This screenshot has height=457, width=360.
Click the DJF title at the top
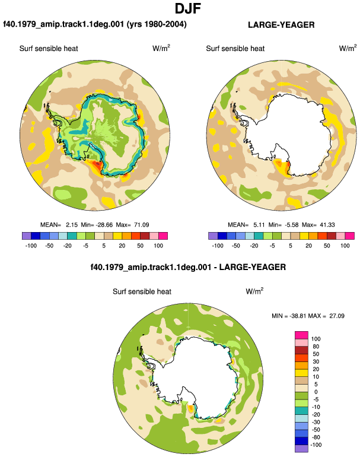[x=188, y=8]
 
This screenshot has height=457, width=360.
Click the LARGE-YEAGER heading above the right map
[x=281, y=25]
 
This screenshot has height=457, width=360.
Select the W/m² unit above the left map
[x=161, y=48]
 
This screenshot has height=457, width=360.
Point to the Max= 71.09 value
[x=132, y=225]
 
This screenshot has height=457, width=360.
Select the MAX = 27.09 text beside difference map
[x=327, y=316]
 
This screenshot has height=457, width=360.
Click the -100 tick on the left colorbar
[x=31, y=246]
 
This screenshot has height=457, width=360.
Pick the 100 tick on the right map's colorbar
[x=345, y=246]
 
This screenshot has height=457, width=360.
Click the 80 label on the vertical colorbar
[x=316, y=347]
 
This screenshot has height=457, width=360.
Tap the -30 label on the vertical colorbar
[x=316, y=423]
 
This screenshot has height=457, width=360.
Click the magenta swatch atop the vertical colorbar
[x=301, y=335]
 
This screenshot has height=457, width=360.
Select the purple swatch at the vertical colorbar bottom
[x=301, y=449]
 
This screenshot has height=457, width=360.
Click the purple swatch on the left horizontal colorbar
[x=27, y=236]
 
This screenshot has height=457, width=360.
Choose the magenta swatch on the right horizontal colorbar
[x=350, y=236]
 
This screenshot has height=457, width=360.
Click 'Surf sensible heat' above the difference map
[x=142, y=291]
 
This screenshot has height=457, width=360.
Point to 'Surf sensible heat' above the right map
[x=235, y=49]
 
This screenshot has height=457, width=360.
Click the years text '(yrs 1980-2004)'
[x=157, y=24]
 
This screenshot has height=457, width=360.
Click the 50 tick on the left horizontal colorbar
[x=140, y=246]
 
